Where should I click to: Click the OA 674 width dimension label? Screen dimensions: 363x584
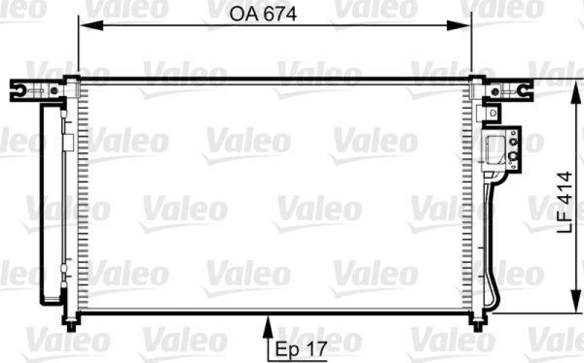click(x=263, y=14)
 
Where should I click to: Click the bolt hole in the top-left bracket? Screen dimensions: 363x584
click(x=23, y=91)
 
